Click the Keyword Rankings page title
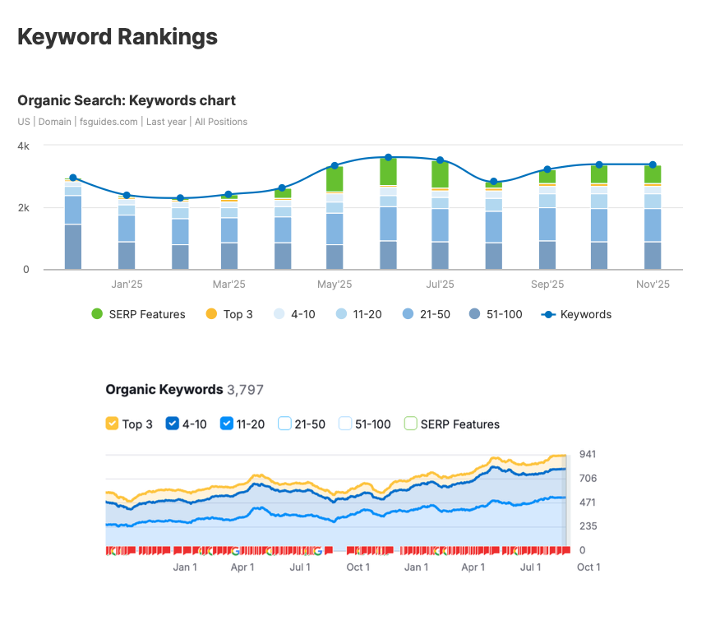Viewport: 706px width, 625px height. pyautogui.click(x=118, y=37)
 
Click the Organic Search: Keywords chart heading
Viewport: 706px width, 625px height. pyautogui.click(x=127, y=100)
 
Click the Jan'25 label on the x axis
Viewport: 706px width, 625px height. pyautogui.click(x=127, y=285)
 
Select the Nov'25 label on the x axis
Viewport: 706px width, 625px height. pyautogui.click(x=653, y=285)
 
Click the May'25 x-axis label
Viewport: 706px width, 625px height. pyautogui.click(x=335, y=285)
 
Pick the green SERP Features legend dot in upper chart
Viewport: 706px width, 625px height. pyautogui.click(x=97, y=314)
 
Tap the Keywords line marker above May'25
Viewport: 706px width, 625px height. pyautogui.click(x=335, y=166)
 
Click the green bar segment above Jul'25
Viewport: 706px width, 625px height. pyautogui.click(x=441, y=174)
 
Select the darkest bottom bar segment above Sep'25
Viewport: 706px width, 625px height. pyautogui.click(x=547, y=255)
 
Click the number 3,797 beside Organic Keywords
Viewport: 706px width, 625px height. pyautogui.click(x=245, y=390)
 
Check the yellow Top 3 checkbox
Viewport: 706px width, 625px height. pyautogui.click(x=113, y=424)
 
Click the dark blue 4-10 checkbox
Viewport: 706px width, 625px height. pyautogui.click(x=173, y=424)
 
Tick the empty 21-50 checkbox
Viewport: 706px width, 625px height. pyautogui.click(x=285, y=424)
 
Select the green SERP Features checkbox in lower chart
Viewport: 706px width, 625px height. pyautogui.click(x=410, y=424)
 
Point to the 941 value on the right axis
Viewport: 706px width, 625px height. pyautogui.click(x=587, y=454)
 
